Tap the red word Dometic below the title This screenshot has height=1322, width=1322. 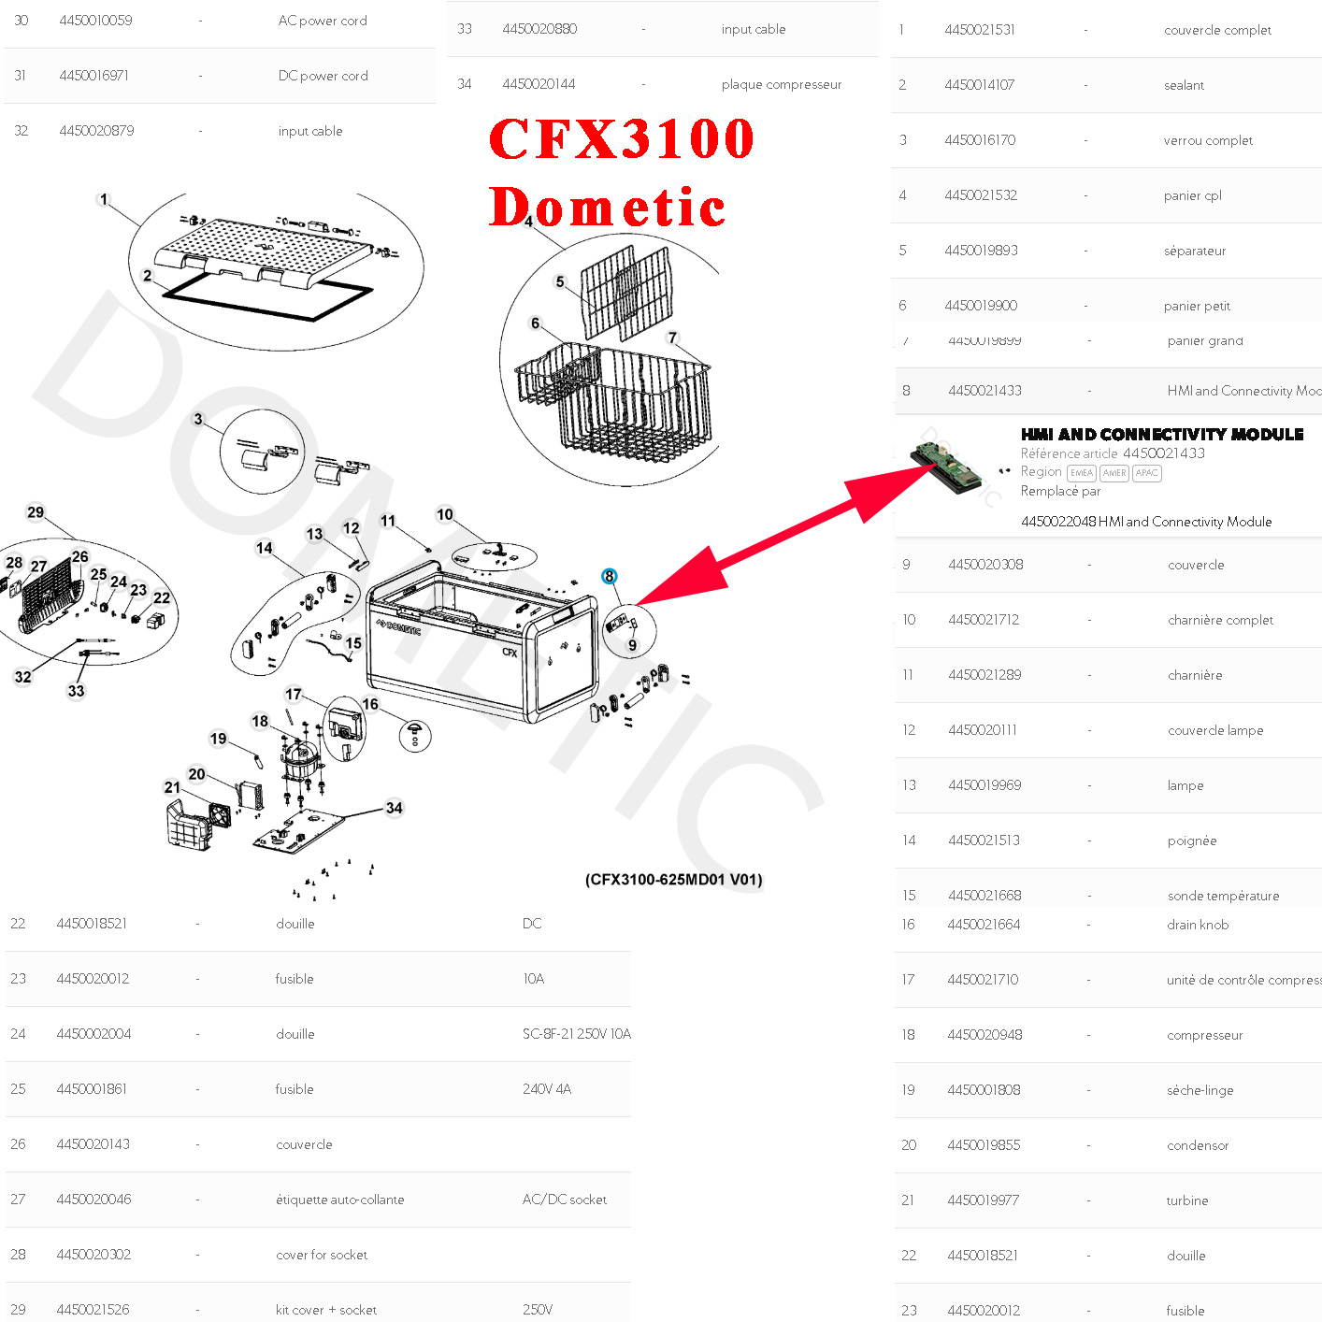pos(608,207)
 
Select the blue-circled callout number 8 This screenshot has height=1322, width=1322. pos(610,576)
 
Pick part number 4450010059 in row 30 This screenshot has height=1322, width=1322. pos(95,21)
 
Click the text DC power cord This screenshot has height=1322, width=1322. pos(323,76)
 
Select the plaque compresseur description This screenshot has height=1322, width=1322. pos(781,84)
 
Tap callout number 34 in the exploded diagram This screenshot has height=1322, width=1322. pos(395,808)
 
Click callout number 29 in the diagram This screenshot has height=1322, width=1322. pos(36,512)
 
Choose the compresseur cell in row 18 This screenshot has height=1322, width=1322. pos(1204,1035)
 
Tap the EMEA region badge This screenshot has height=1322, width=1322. pos(1081,473)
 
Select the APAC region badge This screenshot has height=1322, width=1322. pos(1146,473)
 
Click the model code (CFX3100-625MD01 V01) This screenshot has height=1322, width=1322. pos(673,880)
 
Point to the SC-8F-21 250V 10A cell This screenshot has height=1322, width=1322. pos(576,1034)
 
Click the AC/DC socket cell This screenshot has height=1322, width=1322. pos(564,1200)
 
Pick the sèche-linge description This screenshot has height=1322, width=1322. pos(1200,1090)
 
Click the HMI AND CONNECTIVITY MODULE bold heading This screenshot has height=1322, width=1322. pos(1161,435)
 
